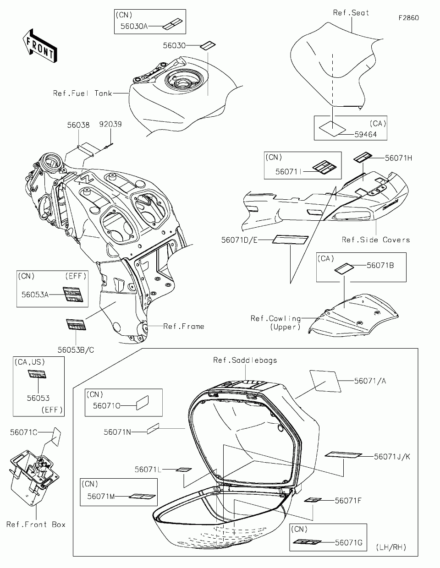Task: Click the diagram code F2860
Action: coord(408,18)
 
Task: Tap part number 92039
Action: coord(111,124)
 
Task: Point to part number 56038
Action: coord(78,124)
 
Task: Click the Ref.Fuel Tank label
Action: coord(82,93)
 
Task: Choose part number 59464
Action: coord(365,134)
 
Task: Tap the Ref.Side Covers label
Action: coord(376,240)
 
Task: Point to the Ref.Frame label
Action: coord(184,327)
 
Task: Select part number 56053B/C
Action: coord(76,350)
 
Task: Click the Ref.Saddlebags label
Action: coord(245,360)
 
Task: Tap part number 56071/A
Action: coord(370,380)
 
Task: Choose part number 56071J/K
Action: coord(392,456)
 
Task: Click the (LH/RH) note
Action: coord(390,547)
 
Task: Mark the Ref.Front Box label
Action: coord(36,524)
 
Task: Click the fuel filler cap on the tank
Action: coord(188,83)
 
